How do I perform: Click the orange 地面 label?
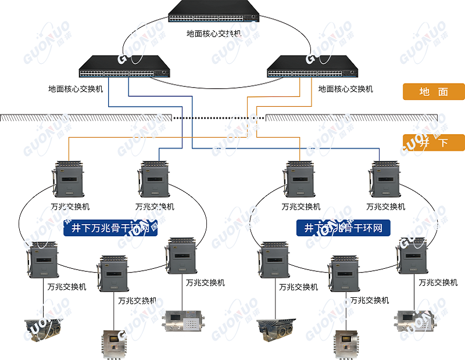pos(434,92)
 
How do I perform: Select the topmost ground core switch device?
pos(213,13)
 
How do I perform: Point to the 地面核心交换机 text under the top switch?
pos(213,34)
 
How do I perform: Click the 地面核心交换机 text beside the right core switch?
pos(345,89)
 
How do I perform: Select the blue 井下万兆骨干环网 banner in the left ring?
pos(110,228)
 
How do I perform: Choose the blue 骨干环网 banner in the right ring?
pos(343,228)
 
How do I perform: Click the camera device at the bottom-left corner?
pos(43,329)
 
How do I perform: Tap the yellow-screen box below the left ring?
pos(114,343)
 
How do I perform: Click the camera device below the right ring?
pos(276,329)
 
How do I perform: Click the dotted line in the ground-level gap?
pos(218,118)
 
